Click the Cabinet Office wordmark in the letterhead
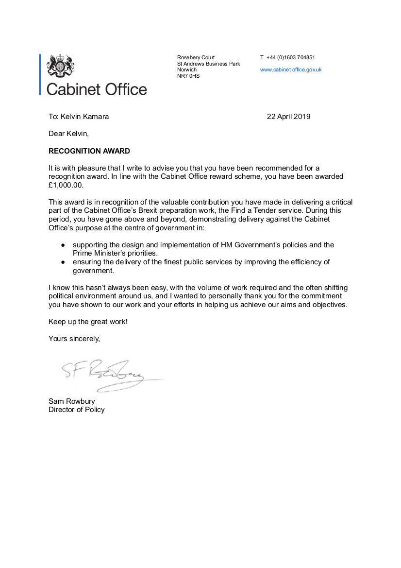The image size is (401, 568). pos(96,89)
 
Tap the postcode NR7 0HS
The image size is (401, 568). pos(188,76)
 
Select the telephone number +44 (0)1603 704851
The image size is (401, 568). pos(291,57)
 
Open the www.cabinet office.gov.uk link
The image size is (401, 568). pos(291,69)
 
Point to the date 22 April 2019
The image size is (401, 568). pos(288,117)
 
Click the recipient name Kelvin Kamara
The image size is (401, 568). pos(84,117)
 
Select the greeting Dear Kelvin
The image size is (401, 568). pos(68,133)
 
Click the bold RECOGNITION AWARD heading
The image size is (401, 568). pos(89,151)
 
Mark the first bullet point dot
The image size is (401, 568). pos(63,245)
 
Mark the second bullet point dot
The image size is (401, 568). pos(63,262)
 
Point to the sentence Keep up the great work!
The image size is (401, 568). pos(88,322)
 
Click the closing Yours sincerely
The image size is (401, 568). pos(74,338)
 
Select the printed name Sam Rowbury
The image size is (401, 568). pos(72,401)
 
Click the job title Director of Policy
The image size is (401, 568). pos(76,410)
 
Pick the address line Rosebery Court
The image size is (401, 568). pos(196,57)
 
